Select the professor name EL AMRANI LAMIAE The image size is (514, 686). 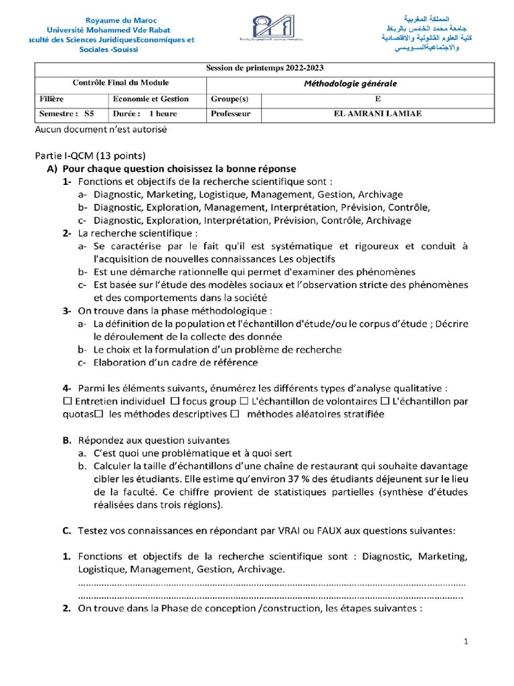point(377,114)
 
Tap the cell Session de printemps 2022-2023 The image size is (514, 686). point(264,68)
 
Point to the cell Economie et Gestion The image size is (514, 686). point(151,99)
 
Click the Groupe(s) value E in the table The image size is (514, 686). point(377,99)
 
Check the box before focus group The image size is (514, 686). point(175,401)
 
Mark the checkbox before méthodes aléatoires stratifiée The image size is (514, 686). point(234,414)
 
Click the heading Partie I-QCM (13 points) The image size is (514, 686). point(90,155)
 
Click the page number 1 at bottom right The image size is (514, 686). point(466,642)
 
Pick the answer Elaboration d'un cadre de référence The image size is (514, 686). point(175,362)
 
